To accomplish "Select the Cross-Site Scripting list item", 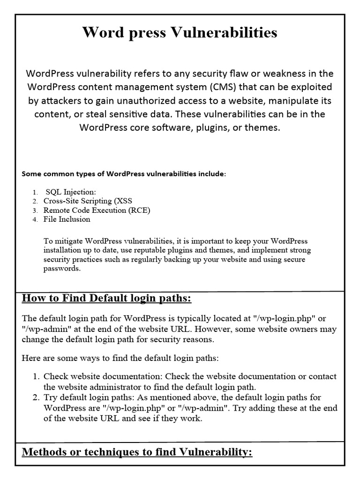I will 88,201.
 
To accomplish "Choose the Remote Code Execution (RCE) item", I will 97,210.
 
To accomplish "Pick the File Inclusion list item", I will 67,219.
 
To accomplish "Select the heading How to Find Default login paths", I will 107,299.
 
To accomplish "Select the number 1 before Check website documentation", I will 36,377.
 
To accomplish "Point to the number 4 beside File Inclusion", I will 34,219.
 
